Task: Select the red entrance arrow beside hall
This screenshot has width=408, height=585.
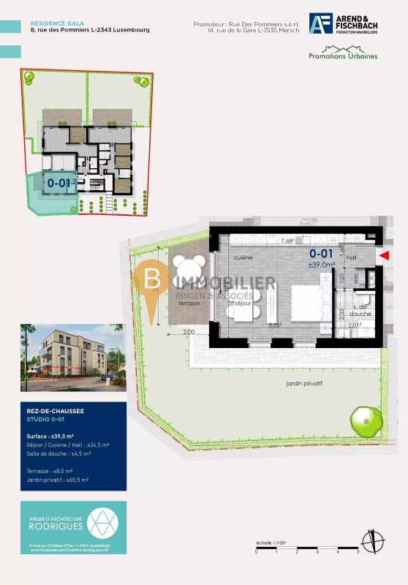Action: pyautogui.click(x=386, y=254)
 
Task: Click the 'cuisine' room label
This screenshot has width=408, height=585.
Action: pyautogui.click(x=243, y=258)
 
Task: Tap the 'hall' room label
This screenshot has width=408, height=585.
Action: pyautogui.click(x=350, y=258)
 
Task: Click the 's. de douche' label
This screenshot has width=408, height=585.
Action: pyautogui.click(x=360, y=311)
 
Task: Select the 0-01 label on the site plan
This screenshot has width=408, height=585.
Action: pyautogui.click(x=58, y=182)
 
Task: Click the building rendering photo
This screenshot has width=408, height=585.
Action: pyautogui.click(x=72, y=358)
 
